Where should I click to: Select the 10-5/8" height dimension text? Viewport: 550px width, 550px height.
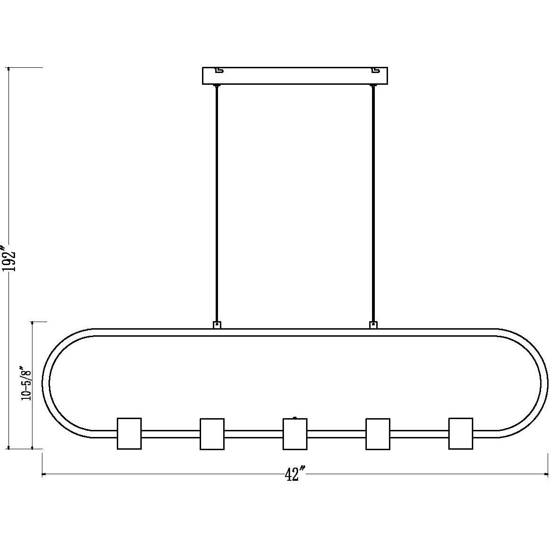(x=25, y=383)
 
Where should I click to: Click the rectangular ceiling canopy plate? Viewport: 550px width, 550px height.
(x=295, y=76)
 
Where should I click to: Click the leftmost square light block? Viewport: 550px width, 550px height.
(x=129, y=433)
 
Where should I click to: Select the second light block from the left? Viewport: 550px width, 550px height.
(x=212, y=434)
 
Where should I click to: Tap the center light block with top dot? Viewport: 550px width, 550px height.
(x=295, y=434)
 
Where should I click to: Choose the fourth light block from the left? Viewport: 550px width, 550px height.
(x=378, y=434)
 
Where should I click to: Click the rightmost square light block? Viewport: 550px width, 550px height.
(x=461, y=433)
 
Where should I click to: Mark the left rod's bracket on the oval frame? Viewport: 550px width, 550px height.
(x=217, y=325)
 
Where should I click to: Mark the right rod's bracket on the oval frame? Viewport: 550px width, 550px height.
(x=373, y=325)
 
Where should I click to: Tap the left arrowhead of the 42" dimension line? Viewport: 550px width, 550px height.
(x=44, y=474)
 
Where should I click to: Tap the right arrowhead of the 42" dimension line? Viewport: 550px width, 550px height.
(x=547, y=474)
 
